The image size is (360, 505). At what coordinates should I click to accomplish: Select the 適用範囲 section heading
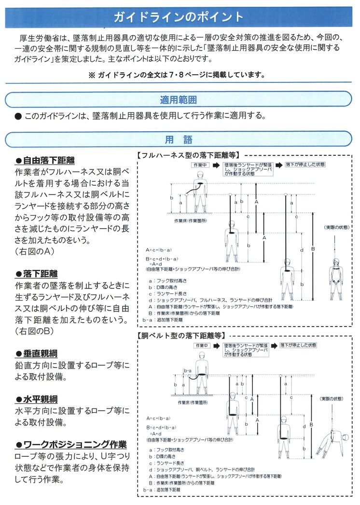click(x=179, y=100)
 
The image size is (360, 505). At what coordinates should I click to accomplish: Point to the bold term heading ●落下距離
click(x=41, y=273)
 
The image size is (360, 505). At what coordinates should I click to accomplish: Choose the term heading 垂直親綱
click(x=41, y=354)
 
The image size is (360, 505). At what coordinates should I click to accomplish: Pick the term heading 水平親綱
click(x=41, y=399)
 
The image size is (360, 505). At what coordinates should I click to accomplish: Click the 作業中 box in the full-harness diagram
click(x=199, y=165)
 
